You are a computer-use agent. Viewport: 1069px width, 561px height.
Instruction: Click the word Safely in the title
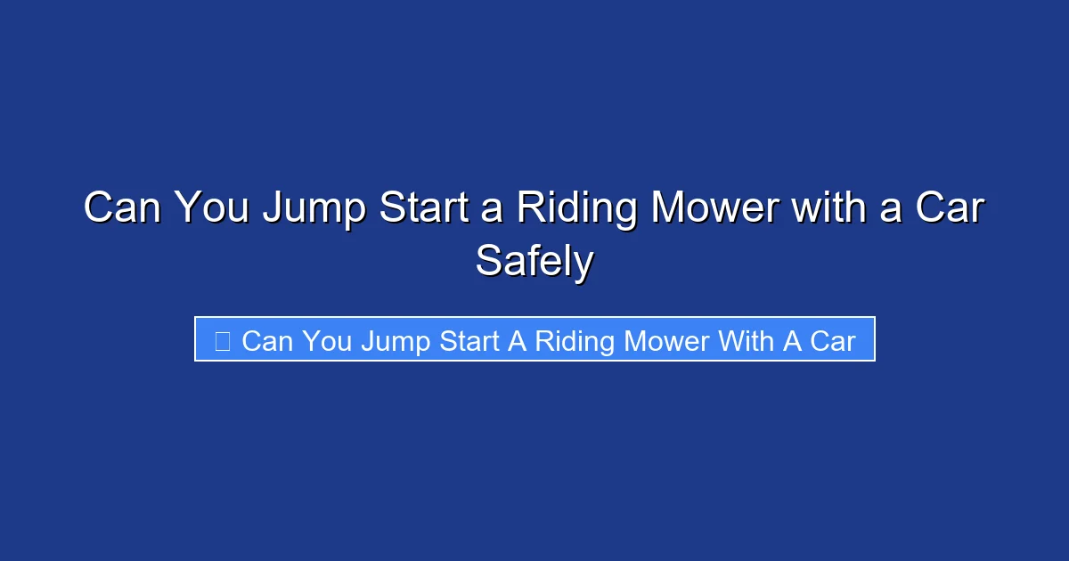[534, 261]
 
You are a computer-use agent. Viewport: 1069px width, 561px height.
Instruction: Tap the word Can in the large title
[122, 209]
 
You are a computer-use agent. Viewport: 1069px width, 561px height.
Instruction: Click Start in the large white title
[430, 209]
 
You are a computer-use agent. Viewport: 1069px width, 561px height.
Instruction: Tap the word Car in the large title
[950, 209]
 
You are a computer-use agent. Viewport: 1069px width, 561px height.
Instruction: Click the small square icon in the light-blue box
[223, 340]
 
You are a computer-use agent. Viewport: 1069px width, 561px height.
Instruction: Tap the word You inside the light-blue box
[327, 340]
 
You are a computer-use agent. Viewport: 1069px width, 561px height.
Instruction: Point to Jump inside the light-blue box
[398, 340]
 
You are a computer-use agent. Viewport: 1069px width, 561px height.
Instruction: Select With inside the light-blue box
[745, 340]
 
